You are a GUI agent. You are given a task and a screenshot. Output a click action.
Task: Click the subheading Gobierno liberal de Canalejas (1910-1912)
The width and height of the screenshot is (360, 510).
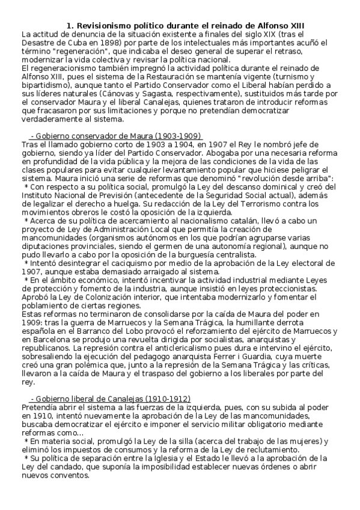pyautogui.click(x=110, y=399)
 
